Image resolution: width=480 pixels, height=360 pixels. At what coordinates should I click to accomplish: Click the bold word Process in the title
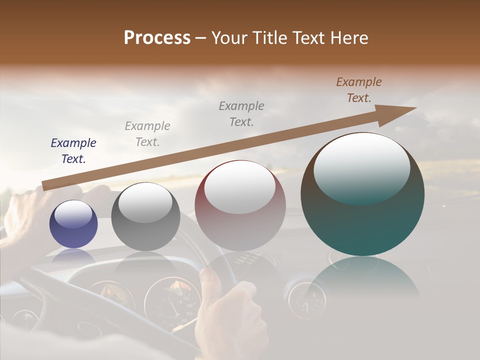click(x=157, y=38)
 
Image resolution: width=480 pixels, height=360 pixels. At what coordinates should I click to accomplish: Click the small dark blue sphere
click(x=73, y=224)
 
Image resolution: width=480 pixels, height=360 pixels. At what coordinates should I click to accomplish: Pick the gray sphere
click(x=145, y=217)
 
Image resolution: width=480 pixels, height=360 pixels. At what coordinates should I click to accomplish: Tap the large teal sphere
click(x=362, y=195)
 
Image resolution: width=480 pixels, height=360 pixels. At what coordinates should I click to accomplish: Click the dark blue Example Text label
click(x=73, y=151)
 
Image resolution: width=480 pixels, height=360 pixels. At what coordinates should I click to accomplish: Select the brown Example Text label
click(x=359, y=90)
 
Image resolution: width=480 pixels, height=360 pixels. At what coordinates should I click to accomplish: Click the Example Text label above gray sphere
click(x=147, y=133)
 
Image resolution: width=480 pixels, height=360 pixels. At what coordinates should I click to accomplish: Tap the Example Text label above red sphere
click(x=241, y=113)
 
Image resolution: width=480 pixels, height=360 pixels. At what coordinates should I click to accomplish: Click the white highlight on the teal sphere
click(x=361, y=167)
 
